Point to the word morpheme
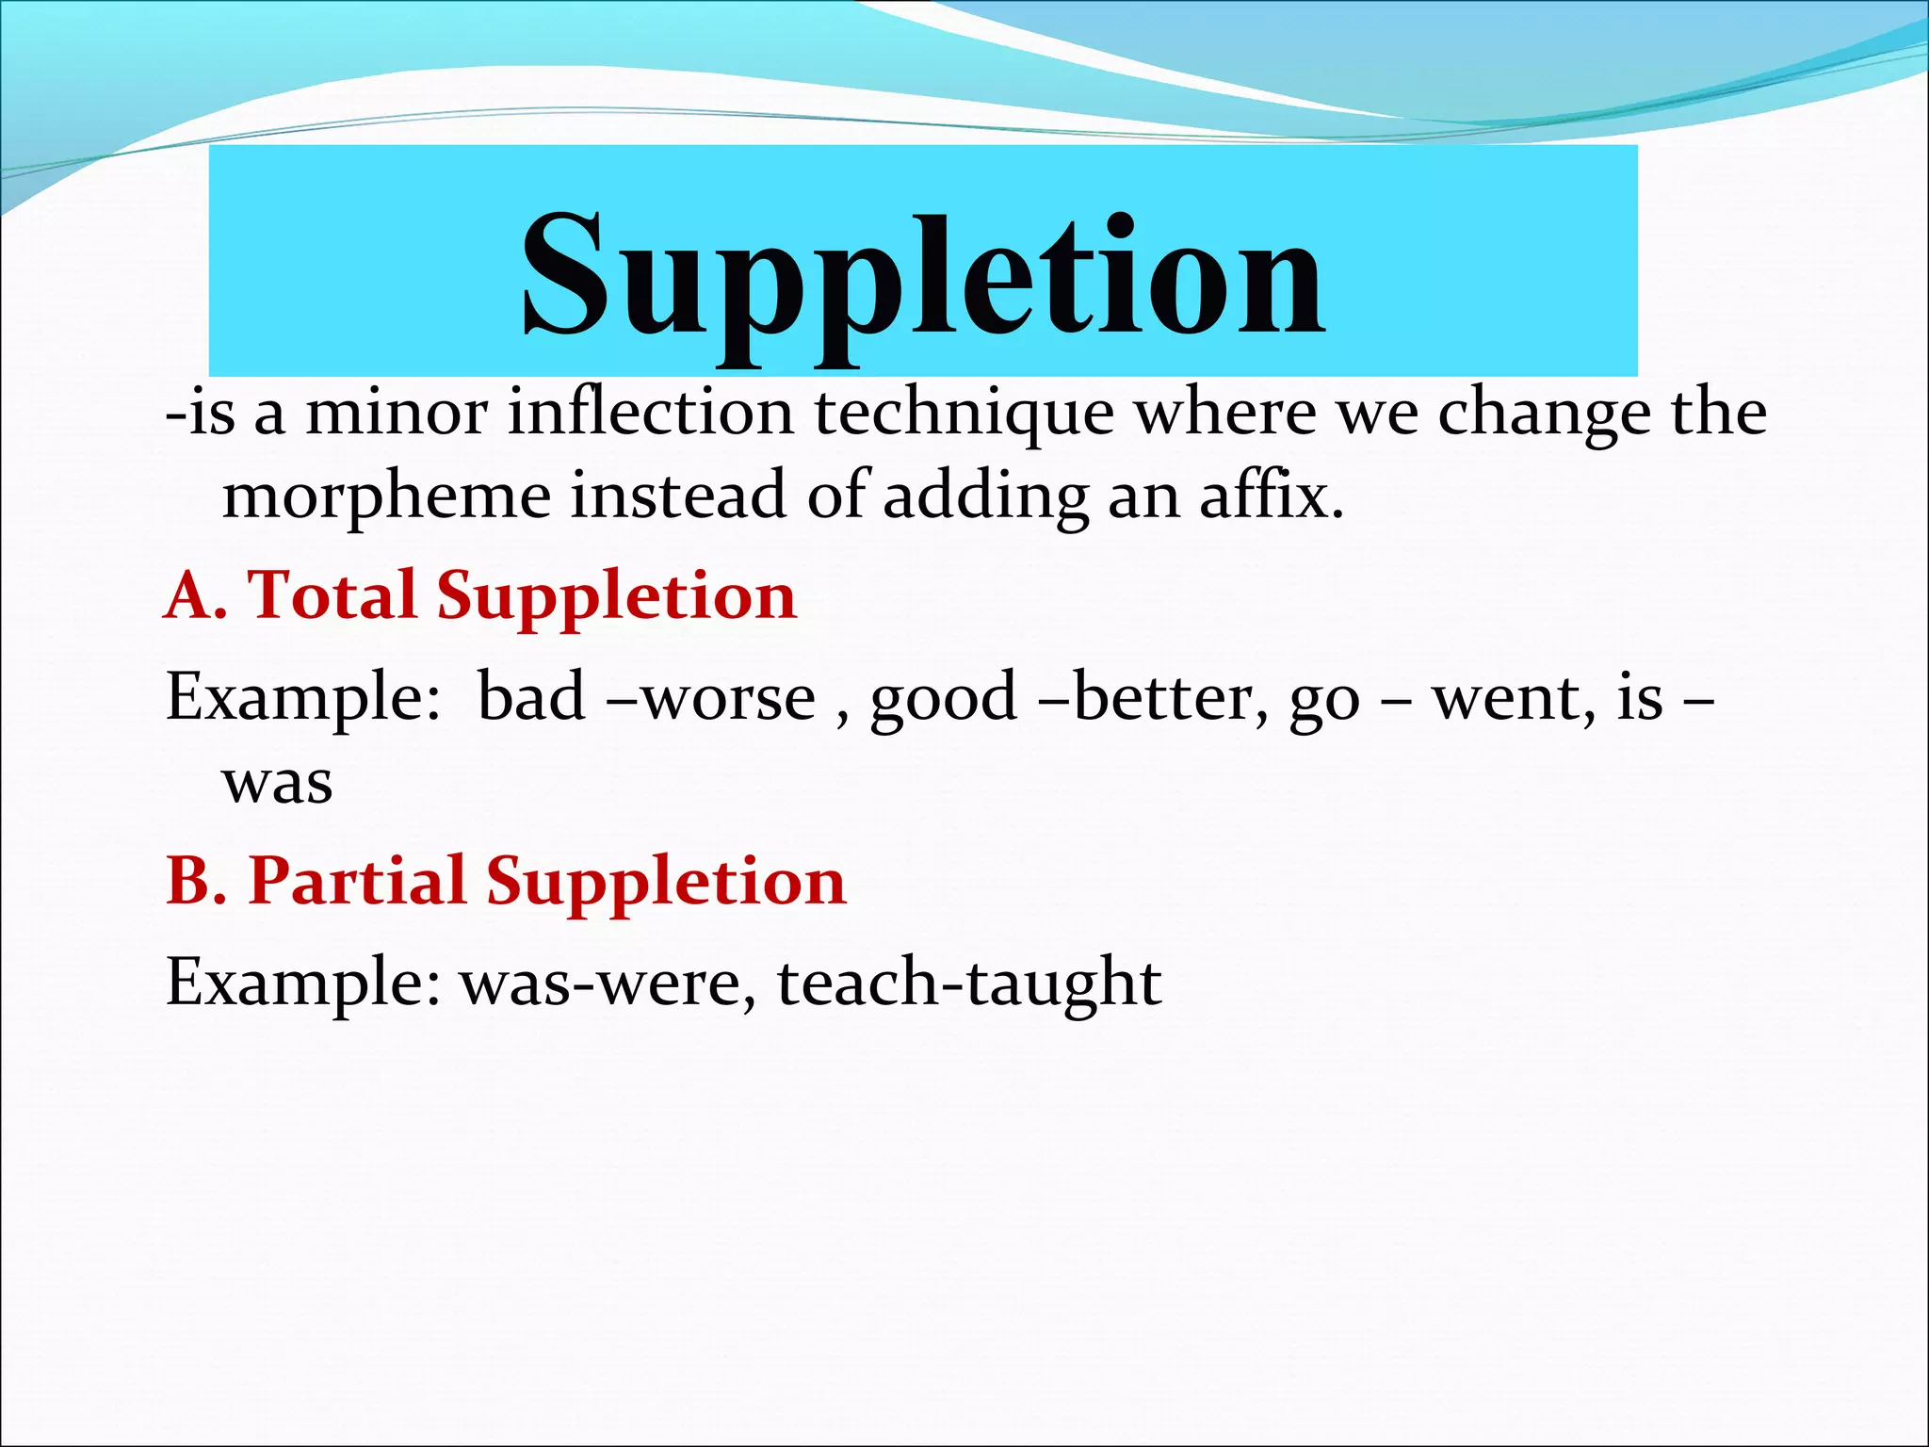coord(386,496)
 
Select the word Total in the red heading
coord(332,595)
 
